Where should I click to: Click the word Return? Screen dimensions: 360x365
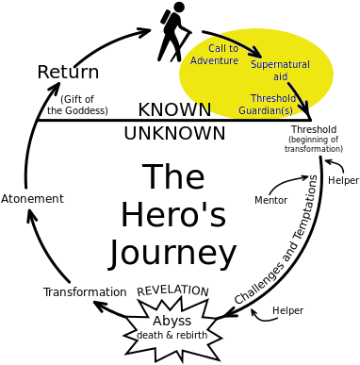click(68, 72)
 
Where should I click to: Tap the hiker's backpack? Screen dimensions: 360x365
click(166, 17)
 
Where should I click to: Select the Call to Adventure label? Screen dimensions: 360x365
click(215, 54)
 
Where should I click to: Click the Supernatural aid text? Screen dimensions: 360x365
click(280, 70)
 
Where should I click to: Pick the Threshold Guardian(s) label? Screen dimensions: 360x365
click(267, 104)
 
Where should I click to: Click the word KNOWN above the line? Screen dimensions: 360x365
click(174, 109)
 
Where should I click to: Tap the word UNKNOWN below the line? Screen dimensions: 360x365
click(174, 133)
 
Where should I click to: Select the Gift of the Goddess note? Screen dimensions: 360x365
click(77, 105)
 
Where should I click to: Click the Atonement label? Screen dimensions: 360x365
click(32, 199)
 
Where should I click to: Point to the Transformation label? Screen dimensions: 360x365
click(85, 292)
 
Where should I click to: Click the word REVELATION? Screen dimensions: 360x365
click(172, 290)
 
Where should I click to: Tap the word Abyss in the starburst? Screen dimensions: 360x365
click(172, 322)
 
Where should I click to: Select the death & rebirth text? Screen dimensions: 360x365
click(172, 335)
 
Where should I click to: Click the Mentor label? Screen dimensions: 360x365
click(270, 200)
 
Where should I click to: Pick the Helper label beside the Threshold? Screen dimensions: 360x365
click(343, 180)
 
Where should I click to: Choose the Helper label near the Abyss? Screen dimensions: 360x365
click(287, 310)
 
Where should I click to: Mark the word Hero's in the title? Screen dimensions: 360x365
click(173, 215)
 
